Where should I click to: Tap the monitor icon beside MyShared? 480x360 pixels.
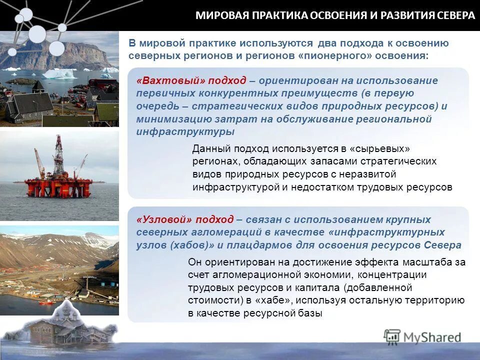(392, 336)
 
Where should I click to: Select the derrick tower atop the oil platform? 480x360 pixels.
(59, 150)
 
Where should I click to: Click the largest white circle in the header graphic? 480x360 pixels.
(37, 34)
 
